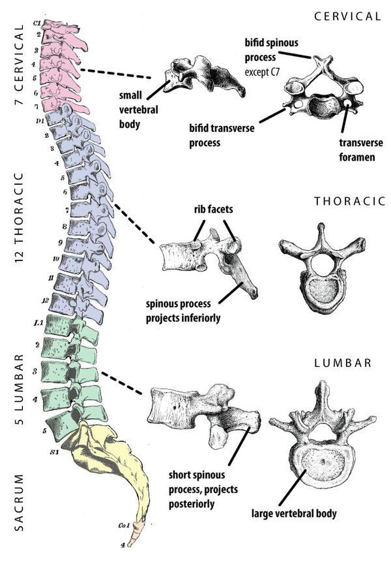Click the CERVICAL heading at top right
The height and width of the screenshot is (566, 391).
[348, 16]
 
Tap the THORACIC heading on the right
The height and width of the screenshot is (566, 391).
[349, 201]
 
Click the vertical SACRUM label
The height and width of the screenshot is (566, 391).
[18, 502]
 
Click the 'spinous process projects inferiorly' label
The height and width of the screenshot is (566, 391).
[183, 311]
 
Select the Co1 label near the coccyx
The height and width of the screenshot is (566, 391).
[123, 525]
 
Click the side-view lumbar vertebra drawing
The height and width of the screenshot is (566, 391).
[205, 411]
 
